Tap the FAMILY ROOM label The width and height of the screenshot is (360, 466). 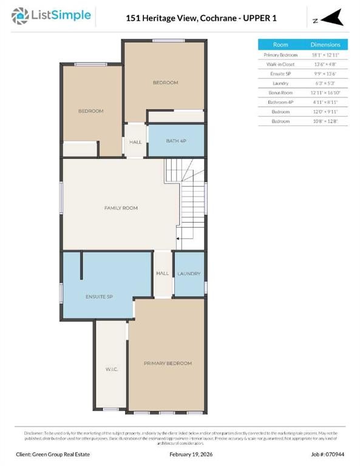[x=121, y=208]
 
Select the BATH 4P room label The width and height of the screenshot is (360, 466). [x=176, y=141]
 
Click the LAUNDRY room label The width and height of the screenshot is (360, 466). [x=189, y=274]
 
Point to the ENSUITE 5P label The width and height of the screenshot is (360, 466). [x=99, y=297]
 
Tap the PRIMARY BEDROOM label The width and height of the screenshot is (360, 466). [x=168, y=363]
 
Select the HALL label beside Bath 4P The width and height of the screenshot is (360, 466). [x=135, y=142]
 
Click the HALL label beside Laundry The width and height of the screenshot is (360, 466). [x=162, y=274]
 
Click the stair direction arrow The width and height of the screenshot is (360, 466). [x=178, y=240]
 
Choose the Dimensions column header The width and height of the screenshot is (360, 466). [x=325, y=45]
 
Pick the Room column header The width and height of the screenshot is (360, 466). [x=280, y=45]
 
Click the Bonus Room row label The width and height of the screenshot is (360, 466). [x=280, y=93]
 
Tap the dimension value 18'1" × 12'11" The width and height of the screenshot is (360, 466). [x=325, y=55]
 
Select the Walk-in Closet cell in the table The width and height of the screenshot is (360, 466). [x=280, y=64]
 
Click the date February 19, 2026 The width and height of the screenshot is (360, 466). [x=180, y=453]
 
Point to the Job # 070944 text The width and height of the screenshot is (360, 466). [x=322, y=453]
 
